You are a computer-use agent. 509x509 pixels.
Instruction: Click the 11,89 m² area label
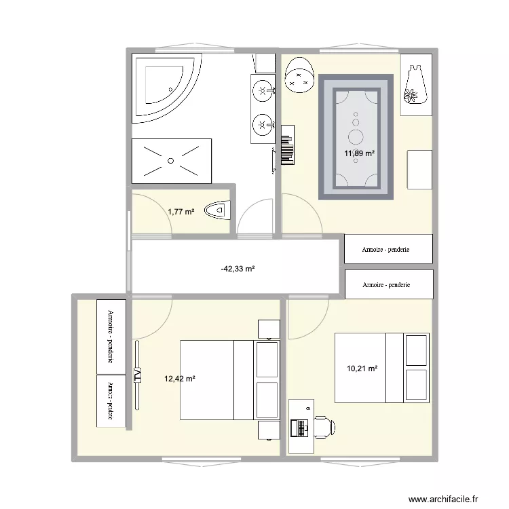click(x=359, y=153)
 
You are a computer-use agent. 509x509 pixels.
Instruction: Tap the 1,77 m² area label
click(x=181, y=212)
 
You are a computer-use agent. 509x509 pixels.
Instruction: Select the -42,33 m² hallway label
click(x=238, y=269)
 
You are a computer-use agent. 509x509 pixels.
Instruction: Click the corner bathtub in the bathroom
click(x=166, y=87)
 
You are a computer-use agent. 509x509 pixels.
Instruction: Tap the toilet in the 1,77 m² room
click(x=219, y=211)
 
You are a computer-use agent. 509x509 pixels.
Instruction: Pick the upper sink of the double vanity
click(x=262, y=88)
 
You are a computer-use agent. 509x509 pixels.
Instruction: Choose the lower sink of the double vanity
click(x=262, y=124)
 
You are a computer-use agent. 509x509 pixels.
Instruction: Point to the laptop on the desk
click(x=298, y=427)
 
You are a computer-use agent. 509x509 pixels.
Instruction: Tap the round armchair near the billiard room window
click(x=299, y=75)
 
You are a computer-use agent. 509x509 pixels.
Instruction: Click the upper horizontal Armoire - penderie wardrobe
click(x=388, y=248)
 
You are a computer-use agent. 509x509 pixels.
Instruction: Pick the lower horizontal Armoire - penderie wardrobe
click(x=388, y=284)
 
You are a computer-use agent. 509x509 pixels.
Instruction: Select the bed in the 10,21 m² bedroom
click(x=381, y=368)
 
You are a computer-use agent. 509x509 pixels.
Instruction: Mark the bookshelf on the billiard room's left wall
click(x=287, y=145)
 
